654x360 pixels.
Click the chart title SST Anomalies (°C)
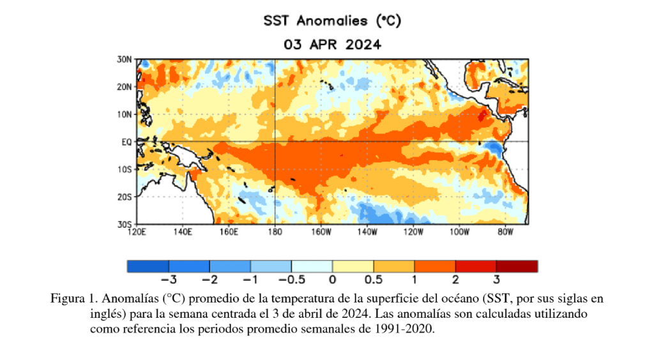click(x=332, y=21)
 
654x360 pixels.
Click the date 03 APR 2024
click(x=332, y=45)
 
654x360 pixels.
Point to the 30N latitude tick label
click(x=125, y=59)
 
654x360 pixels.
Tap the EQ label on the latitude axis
click(x=126, y=142)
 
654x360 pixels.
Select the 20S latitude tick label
click(x=125, y=197)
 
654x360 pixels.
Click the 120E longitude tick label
click(x=137, y=232)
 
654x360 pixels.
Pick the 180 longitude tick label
click(x=275, y=232)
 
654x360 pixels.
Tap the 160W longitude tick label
click(x=321, y=232)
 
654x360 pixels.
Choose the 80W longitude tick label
click(x=505, y=232)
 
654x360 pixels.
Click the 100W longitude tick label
click(x=459, y=232)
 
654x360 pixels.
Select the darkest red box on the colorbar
click(x=517, y=266)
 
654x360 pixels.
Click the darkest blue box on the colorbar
click(x=148, y=266)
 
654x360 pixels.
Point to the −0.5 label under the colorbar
click(x=291, y=279)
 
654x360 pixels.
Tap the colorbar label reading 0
click(x=332, y=279)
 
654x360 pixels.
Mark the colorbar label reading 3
click(x=496, y=279)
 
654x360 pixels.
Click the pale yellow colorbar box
click(x=353, y=266)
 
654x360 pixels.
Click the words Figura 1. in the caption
click(x=74, y=299)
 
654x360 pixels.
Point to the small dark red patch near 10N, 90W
click(x=482, y=115)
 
